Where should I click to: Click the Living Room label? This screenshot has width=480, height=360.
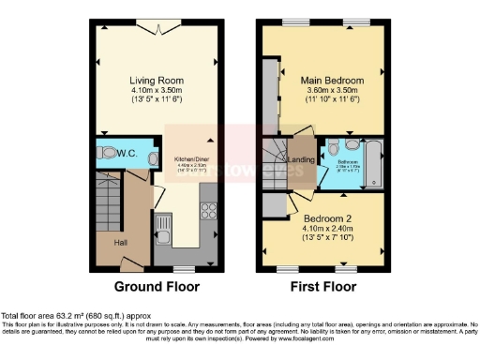(x=155, y=81)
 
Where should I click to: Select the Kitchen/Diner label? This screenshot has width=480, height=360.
(x=187, y=160)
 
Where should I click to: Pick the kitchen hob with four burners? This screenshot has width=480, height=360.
(x=208, y=214)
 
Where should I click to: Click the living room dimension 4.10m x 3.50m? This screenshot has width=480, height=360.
(x=155, y=91)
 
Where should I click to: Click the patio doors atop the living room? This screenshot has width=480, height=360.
(x=156, y=28)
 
